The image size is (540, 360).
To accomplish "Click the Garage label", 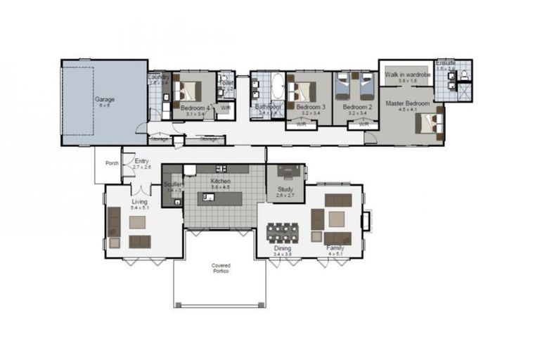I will (105, 99).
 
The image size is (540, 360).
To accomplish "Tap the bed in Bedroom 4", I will (188, 91).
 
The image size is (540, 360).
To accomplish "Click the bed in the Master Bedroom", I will (429, 124).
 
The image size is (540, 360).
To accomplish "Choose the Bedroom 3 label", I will (310, 107).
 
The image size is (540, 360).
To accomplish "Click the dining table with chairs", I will (283, 231).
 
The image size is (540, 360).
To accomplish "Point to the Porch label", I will (112, 163).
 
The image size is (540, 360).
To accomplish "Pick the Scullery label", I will (173, 184).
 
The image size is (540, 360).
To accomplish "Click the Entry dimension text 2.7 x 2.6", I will (142, 167).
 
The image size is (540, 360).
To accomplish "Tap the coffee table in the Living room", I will (138, 223).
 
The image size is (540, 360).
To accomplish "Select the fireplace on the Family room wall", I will (366, 220).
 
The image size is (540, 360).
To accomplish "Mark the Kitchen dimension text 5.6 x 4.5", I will (221, 186).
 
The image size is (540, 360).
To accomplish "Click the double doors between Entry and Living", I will (142, 190).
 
